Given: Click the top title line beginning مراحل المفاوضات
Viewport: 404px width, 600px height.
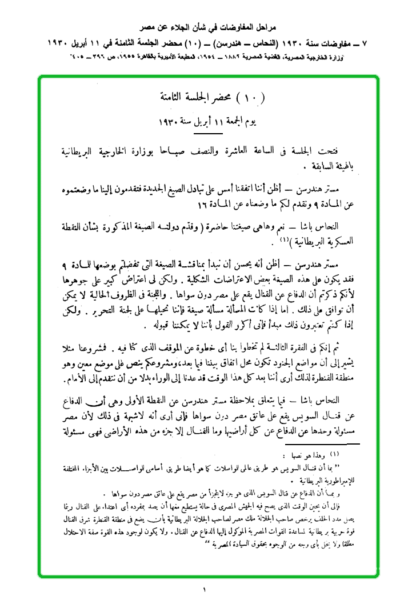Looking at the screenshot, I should coord(202,27).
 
